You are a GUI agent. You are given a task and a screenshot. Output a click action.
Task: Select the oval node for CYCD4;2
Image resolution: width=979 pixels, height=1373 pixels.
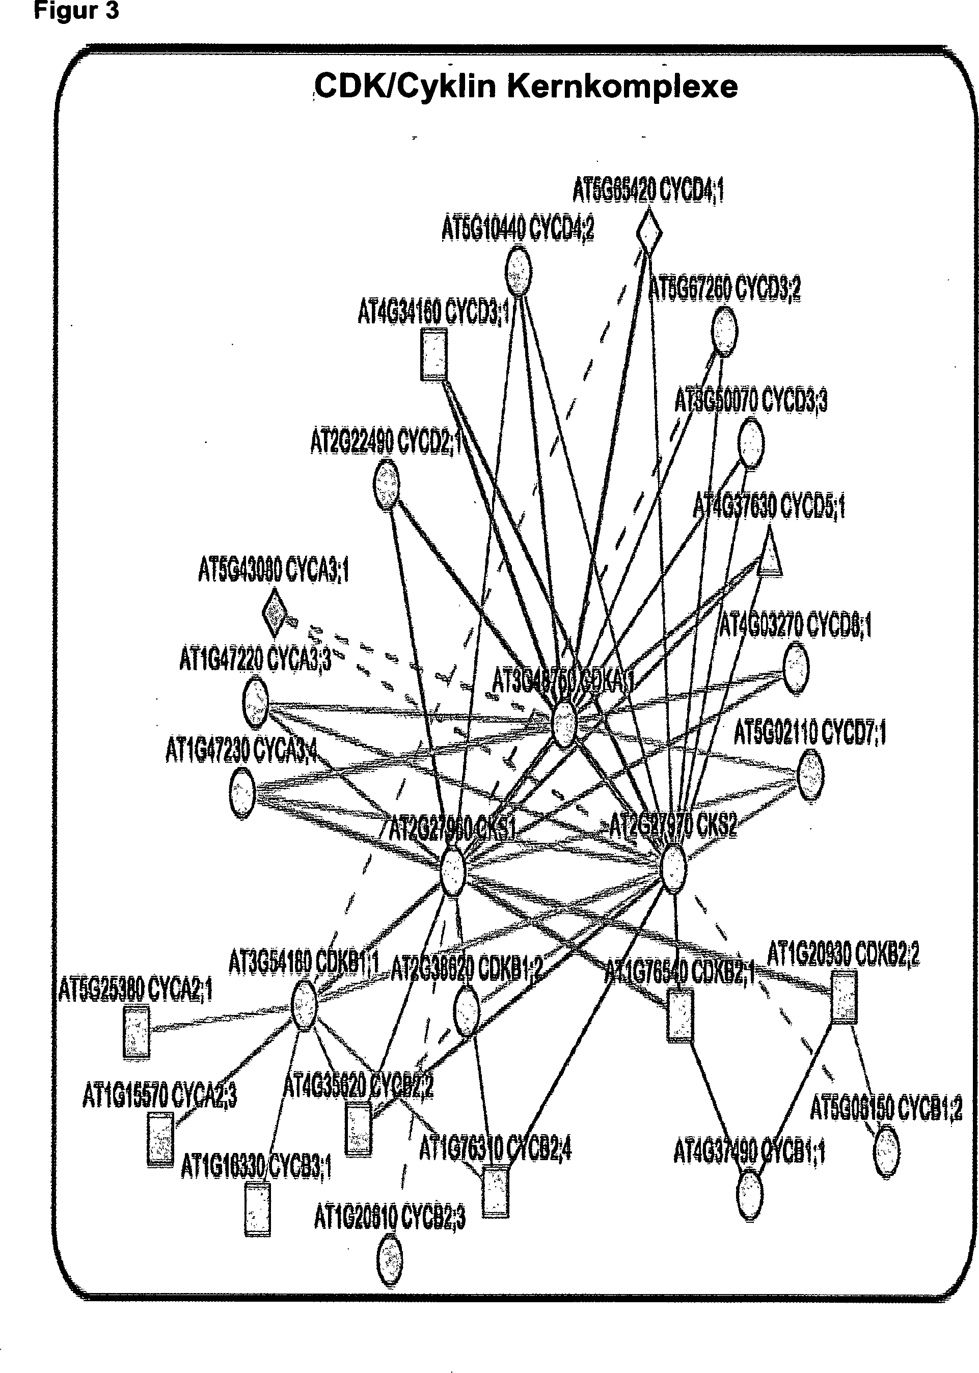(x=518, y=272)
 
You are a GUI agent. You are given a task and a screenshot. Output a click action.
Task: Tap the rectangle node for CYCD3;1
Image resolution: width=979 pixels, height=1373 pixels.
(x=433, y=354)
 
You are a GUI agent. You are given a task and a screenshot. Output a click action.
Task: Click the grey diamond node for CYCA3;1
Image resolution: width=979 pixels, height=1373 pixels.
(x=274, y=613)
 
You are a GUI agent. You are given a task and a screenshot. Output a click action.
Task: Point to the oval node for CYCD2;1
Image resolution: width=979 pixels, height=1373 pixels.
(x=387, y=485)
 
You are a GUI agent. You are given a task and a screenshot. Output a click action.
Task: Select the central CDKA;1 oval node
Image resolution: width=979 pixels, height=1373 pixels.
(x=565, y=723)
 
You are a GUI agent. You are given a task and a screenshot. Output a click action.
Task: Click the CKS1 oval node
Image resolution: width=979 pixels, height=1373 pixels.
(x=453, y=871)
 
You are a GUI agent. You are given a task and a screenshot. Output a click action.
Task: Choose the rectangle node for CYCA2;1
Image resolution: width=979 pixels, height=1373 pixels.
(x=136, y=1032)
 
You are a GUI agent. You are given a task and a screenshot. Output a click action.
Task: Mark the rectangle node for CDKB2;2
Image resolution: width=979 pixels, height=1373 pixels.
(x=844, y=996)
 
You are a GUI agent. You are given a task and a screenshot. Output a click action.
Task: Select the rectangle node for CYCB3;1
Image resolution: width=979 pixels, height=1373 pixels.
(x=257, y=1209)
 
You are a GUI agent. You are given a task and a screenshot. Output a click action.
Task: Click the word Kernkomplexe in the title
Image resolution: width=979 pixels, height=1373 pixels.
(x=621, y=86)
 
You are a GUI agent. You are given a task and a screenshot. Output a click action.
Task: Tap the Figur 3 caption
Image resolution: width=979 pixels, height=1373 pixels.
(x=76, y=11)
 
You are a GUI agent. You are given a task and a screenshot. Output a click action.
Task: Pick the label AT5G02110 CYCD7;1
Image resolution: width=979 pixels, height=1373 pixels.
(x=809, y=733)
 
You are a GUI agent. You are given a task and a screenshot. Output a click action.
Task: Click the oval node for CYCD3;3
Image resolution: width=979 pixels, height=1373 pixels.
(x=750, y=444)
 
